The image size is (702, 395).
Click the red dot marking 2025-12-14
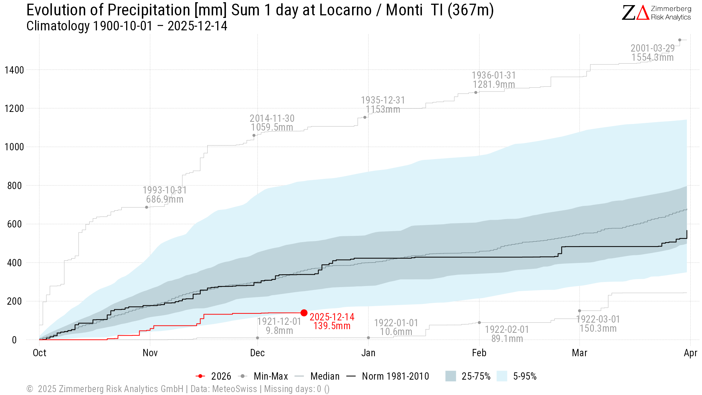coord(304,313)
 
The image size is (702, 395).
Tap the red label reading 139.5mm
coord(332,326)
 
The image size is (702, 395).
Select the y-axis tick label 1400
coord(14,70)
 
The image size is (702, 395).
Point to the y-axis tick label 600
coord(15,224)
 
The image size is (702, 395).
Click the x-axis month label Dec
coord(257,353)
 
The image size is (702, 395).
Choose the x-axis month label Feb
coord(479,353)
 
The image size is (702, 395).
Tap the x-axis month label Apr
coord(690,353)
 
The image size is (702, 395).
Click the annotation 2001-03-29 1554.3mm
coord(653,53)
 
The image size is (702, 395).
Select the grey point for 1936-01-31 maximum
coord(476,93)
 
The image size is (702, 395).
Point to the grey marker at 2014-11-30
coord(254,136)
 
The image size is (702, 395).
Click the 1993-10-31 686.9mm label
coord(165,195)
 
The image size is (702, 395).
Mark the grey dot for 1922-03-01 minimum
coord(580,311)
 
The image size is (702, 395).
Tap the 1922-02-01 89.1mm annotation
coord(507,334)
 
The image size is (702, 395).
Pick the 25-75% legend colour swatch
coord(451,376)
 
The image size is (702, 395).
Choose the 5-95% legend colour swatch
coord(502,376)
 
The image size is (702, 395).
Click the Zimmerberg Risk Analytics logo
coord(656,13)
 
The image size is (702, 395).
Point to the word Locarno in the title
coord(345,10)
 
